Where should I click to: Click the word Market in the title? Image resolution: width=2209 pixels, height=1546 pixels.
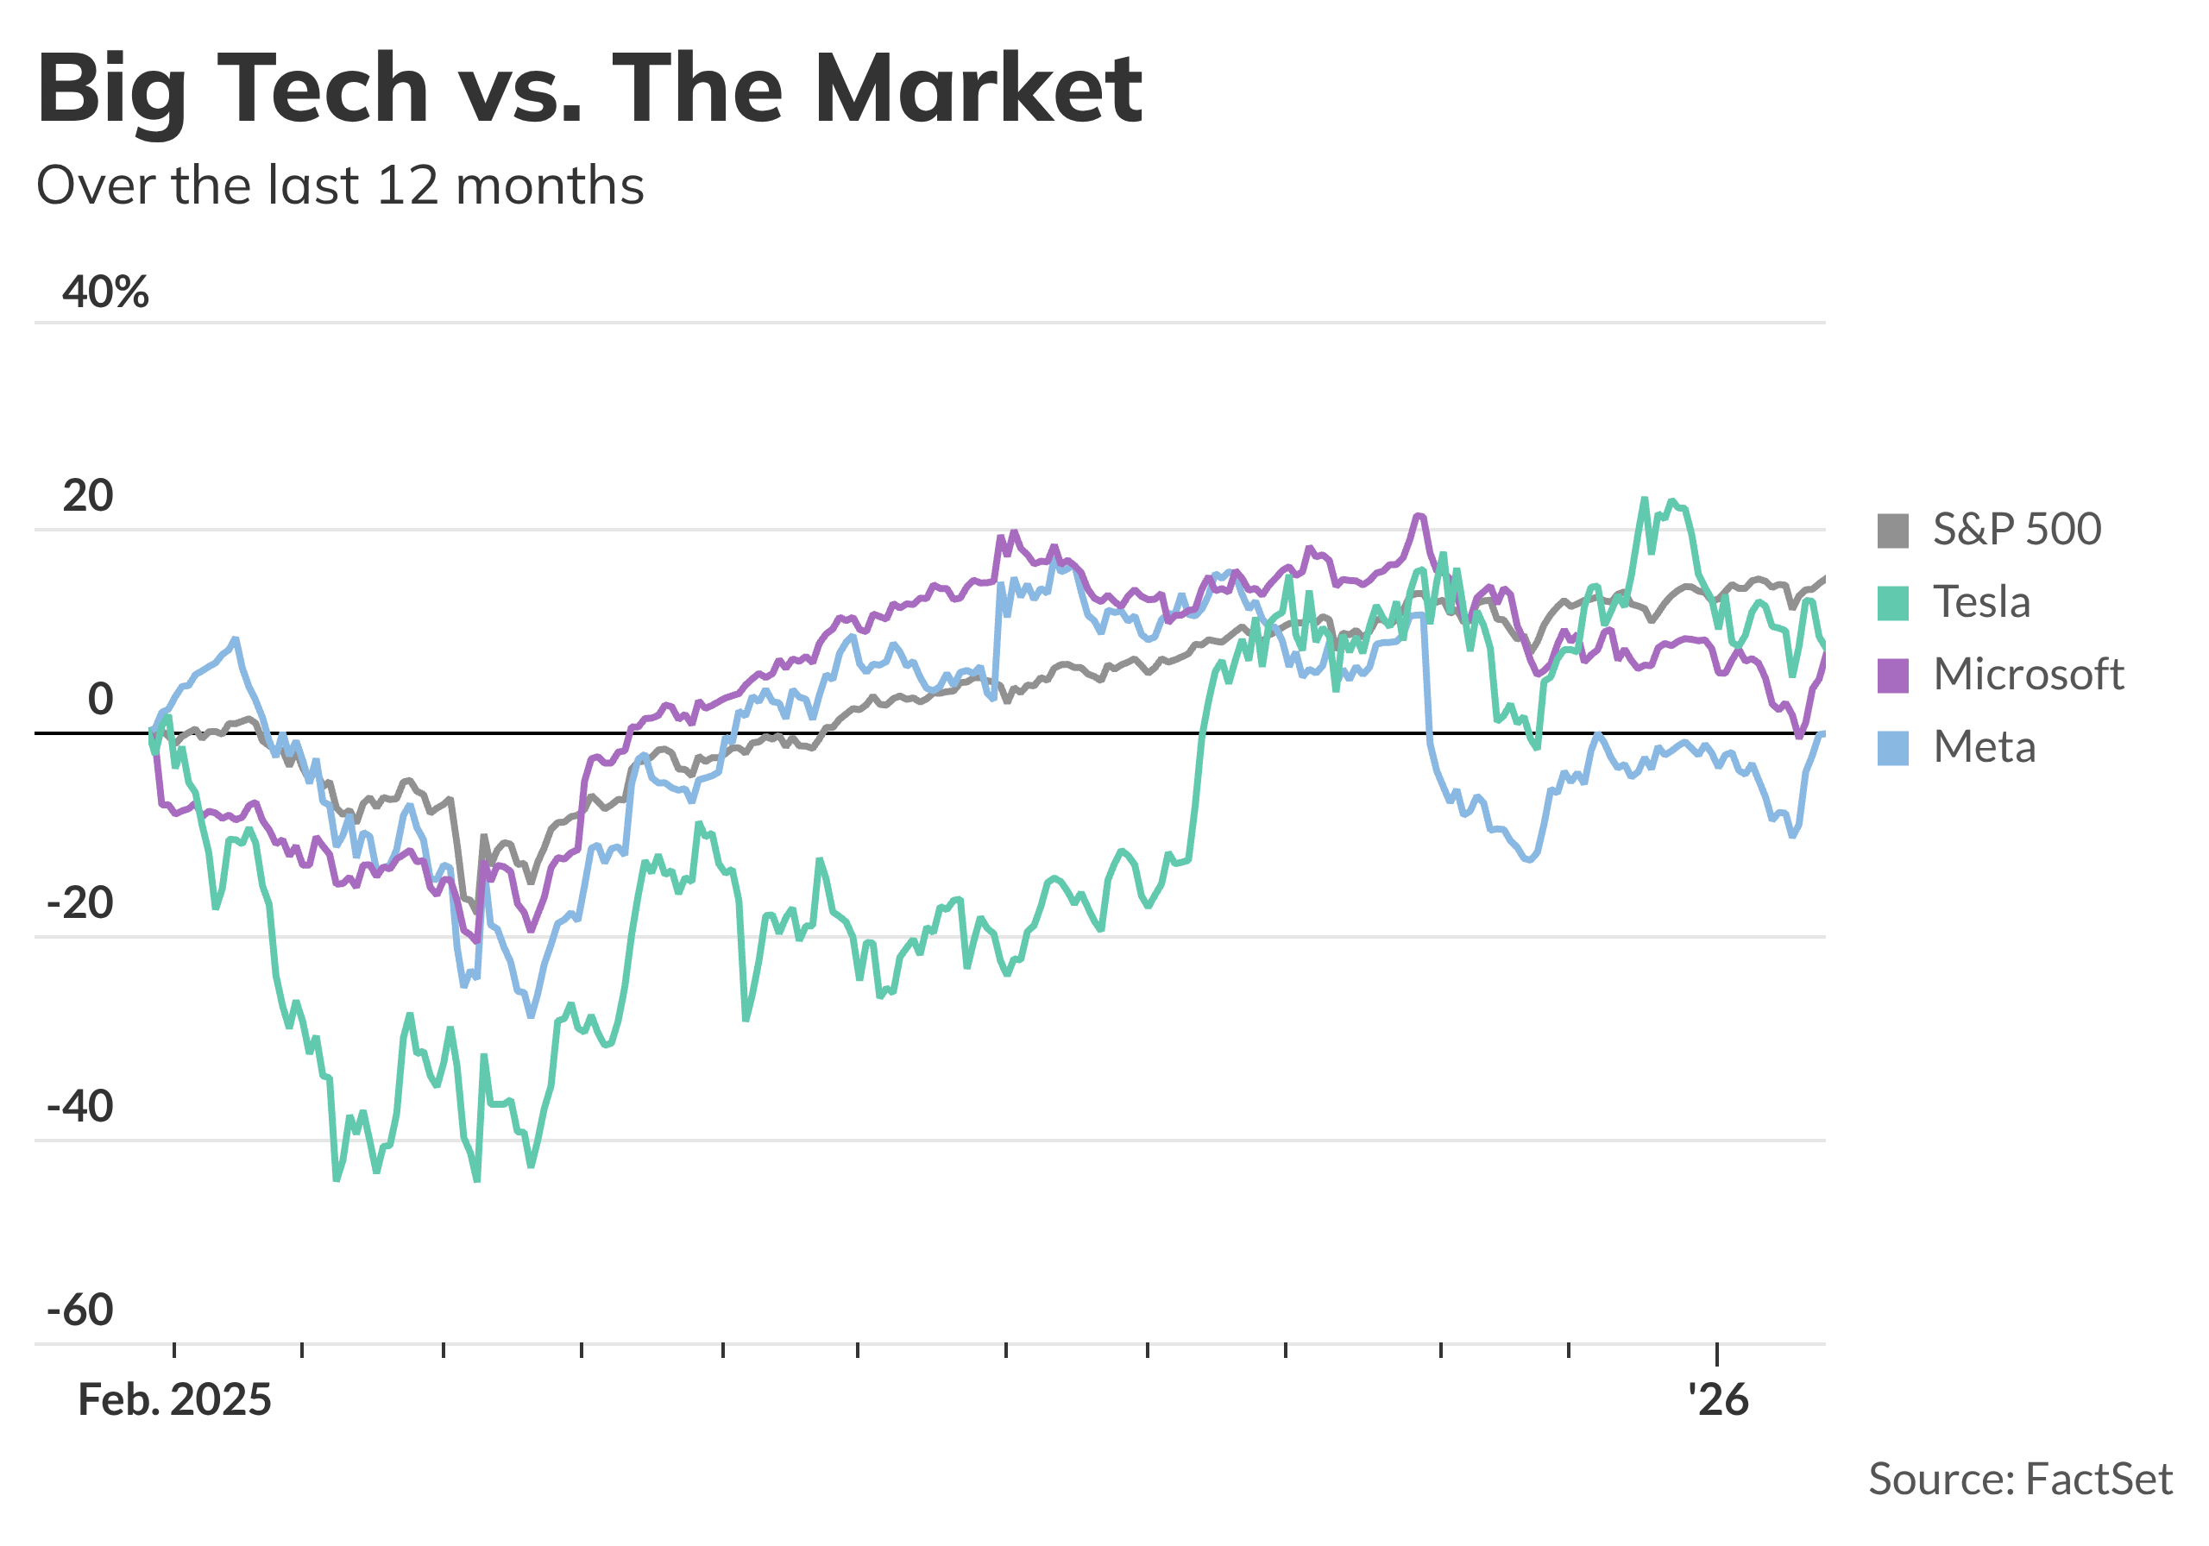(x=978, y=90)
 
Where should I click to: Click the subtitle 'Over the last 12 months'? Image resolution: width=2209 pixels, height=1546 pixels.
(x=340, y=185)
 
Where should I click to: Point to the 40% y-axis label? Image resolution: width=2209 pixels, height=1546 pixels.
(x=105, y=292)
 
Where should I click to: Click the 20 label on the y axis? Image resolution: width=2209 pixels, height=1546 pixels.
(x=87, y=495)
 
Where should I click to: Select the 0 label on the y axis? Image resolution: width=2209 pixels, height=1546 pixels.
(x=100, y=700)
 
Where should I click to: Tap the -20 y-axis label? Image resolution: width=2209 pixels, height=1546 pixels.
(x=80, y=903)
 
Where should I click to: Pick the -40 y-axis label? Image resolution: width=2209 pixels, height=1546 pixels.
(x=80, y=1108)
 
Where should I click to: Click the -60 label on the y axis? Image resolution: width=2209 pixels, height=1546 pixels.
(x=80, y=1311)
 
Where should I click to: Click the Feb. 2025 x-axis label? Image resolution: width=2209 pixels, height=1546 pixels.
(x=174, y=1401)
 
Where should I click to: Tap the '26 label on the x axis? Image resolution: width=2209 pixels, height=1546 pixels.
(x=1718, y=1401)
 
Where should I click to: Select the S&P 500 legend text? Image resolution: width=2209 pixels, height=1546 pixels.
(x=2017, y=529)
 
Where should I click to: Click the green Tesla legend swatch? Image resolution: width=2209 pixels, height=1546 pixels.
(x=1892, y=603)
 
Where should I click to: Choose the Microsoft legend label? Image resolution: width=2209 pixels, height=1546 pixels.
(x=2028, y=675)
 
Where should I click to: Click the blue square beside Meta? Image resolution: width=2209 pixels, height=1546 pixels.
(x=1892, y=747)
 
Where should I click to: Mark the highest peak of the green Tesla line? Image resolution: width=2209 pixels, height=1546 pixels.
(x=1645, y=499)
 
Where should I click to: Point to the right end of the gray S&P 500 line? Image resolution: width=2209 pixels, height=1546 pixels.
(x=1824, y=578)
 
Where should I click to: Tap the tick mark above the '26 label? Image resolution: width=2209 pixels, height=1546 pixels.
(x=1717, y=1352)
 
